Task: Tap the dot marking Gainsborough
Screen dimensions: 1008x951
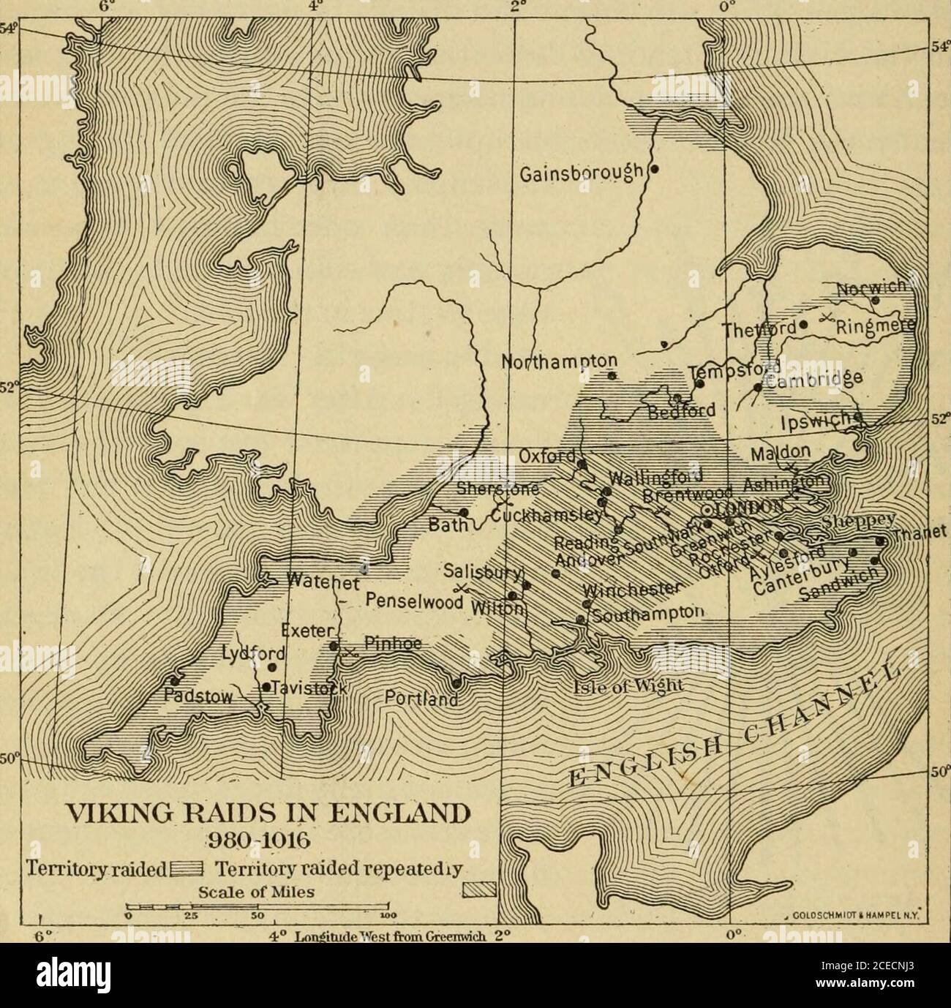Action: point(655,169)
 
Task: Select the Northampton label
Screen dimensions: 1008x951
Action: point(560,362)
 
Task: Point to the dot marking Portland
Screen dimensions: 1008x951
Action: point(456,684)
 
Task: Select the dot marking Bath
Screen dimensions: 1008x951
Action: point(464,512)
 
